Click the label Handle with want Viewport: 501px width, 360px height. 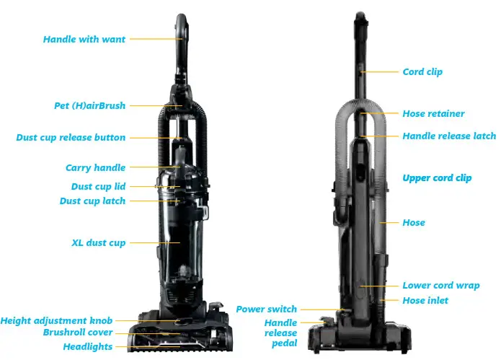[x=84, y=39]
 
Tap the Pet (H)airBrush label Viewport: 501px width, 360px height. [x=89, y=105]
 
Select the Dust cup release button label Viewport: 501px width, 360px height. [x=71, y=137]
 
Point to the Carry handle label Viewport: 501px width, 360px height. [x=95, y=167]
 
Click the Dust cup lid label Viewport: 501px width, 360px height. [x=98, y=186]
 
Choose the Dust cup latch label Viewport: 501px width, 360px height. [x=92, y=201]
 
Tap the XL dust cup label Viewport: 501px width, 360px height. [x=98, y=243]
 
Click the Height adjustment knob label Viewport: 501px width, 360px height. [x=58, y=320]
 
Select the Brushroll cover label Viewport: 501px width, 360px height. [x=78, y=333]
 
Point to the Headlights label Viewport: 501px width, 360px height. [x=87, y=346]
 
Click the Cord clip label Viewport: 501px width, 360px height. [x=422, y=72]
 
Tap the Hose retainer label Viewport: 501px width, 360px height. [x=433, y=113]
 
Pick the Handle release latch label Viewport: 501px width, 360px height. [x=449, y=136]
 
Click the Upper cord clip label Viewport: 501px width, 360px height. [x=437, y=177]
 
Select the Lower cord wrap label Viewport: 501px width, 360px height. [x=440, y=286]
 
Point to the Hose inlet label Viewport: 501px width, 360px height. [x=425, y=300]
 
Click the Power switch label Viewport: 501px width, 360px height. [x=266, y=309]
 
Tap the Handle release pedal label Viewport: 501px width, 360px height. [x=280, y=333]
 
